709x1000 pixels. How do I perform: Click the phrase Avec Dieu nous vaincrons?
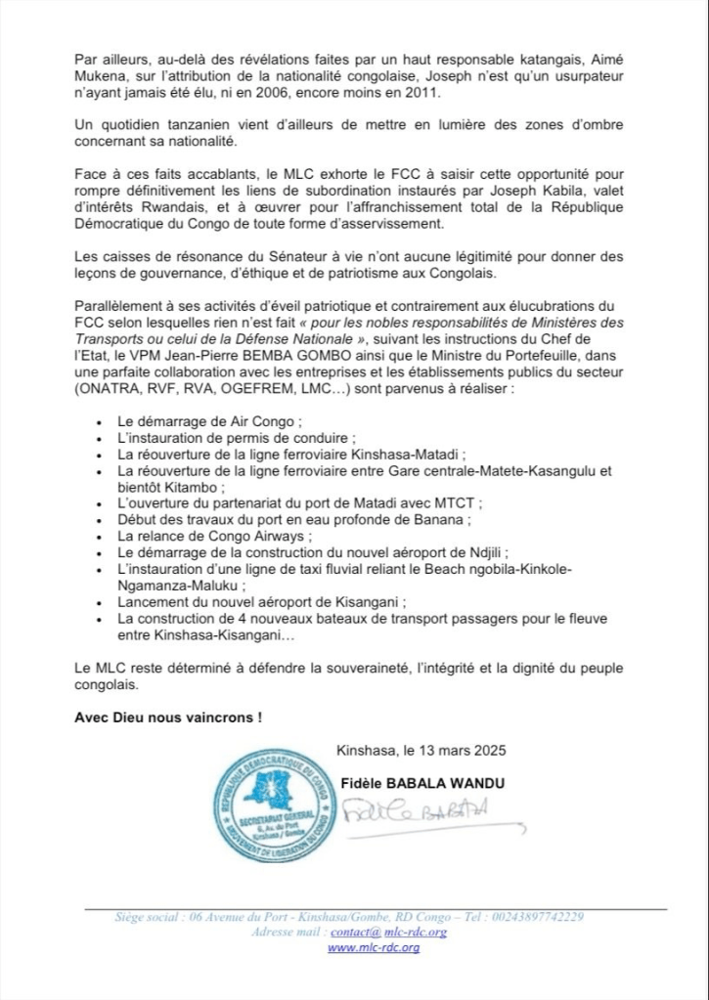pos(168,717)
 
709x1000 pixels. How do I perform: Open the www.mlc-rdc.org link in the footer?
pos(373,947)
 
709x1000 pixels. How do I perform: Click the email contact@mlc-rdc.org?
pos(400,932)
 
